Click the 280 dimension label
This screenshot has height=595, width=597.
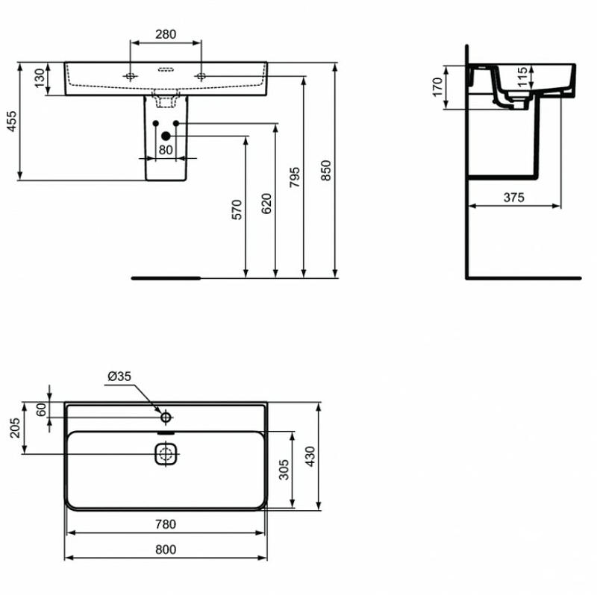tap(166, 34)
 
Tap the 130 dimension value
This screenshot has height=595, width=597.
tap(40, 78)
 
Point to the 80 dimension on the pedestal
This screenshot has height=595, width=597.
tap(166, 149)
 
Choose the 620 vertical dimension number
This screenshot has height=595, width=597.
tap(268, 204)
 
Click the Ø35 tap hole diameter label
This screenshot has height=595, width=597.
tap(119, 377)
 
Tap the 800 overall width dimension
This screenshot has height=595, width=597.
tap(166, 550)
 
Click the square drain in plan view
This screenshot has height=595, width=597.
tap(165, 453)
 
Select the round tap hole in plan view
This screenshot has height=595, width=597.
tap(166, 416)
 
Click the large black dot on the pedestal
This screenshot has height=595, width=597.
tap(166, 136)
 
